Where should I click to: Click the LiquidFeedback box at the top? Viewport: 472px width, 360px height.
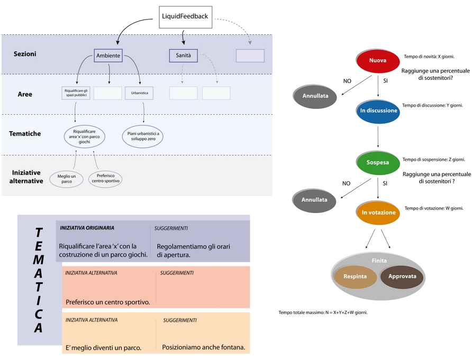pos(185,17)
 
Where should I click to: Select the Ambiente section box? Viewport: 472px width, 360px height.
pos(108,56)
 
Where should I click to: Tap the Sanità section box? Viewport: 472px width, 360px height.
pos(183,56)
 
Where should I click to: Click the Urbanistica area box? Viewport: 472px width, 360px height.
pos(139,93)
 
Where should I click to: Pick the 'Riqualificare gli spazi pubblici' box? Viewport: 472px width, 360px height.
pos(76,93)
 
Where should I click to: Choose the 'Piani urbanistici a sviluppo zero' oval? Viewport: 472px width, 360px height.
pos(143,136)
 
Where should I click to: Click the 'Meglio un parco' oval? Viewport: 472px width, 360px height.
pos(67,179)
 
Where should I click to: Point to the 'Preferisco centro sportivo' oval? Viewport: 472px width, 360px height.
pos(105,179)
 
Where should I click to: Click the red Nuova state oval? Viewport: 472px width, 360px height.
pos(378,61)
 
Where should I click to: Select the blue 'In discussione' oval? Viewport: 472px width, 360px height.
pos(378,111)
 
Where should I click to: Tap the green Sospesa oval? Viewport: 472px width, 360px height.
pos(378,163)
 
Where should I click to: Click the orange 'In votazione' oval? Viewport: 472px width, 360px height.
pos(378,213)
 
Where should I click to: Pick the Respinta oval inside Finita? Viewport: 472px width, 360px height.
pos(355,276)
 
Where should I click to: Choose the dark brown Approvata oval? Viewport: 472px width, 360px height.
pos(402,276)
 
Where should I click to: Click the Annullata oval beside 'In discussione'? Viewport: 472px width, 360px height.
pos(315,96)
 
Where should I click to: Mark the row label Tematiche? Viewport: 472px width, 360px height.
pos(25,134)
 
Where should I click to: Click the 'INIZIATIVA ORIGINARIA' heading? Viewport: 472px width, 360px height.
pos(87,228)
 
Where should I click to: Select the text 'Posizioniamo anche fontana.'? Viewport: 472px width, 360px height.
pos(204,347)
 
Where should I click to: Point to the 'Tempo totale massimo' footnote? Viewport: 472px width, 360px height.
pos(323,312)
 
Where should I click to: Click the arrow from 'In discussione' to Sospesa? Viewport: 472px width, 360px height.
pos(378,137)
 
